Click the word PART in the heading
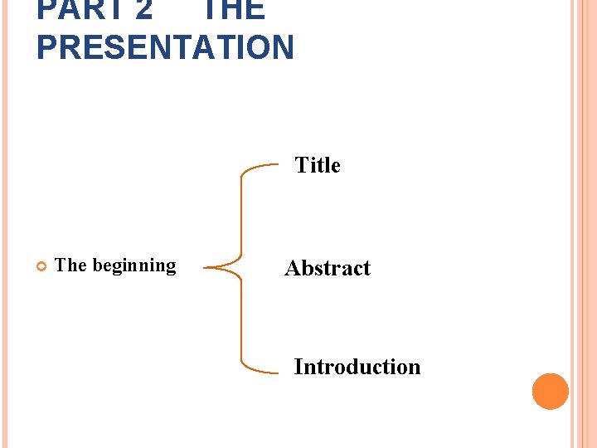[x=73, y=8]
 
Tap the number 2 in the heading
[x=143, y=8]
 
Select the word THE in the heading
[x=233, y=8]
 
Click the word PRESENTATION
[x=165, y=47]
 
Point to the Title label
[x=318, y=166]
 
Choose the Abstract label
[x=328, y=268]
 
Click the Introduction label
[x=357, y=367]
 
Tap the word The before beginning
[x=70, y=265]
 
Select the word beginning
[x=134, y=266]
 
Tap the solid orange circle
[x=550, y=391]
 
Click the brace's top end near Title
[x=277, y=166]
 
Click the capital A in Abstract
[x=292, y=268]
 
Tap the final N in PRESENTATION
[x=282, y=47]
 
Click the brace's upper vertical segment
[x=240, y=216]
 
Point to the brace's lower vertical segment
[x=240, y=319]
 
